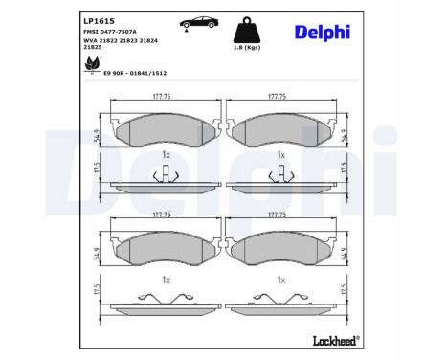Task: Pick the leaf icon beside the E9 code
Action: (91, 64)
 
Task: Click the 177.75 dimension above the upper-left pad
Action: (166, 96)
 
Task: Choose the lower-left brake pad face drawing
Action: (166, 247)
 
